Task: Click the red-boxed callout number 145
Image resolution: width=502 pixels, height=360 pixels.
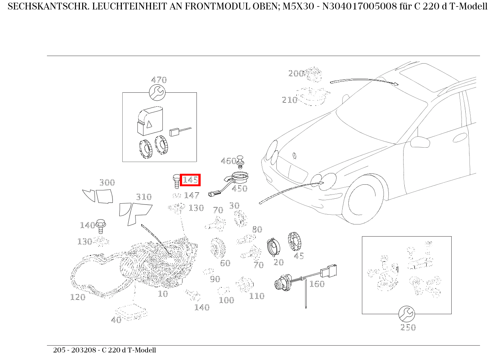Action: pyautogui.click(x=190, y=180)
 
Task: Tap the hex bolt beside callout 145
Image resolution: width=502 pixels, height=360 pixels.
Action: pyautogui.click(x=176, y=181)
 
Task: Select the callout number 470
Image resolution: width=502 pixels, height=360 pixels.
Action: pyautogui.click(x=159, y=80)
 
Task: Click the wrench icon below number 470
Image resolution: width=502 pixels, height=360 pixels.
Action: pyautogui.click(x=157, y=92)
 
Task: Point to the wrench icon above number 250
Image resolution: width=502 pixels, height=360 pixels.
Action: pyautogui.click(x=407, y=314)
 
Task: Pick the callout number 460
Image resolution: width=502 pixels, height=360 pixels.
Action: pyautogui.click(x=228, y=161)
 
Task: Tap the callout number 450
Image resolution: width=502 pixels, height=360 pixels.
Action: pyautogui.click(x=240, y=189)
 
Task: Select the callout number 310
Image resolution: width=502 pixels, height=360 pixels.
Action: pyautogui.click(x=144, y=197)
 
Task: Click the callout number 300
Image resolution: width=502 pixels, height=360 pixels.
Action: pyautogui.click(x=107, y=182)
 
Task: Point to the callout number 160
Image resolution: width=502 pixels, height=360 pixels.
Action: pyautogui.click(x=317, y=284)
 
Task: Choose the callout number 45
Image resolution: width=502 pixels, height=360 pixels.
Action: pyautogui.click(x=299, y=256)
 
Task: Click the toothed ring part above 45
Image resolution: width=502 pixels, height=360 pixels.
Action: pyautogui.click(x=295, y=242)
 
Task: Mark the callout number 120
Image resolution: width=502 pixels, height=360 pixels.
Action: pyautogui.click(x=78, y=297)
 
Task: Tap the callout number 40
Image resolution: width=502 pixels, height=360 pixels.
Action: pyautogui.click(x=116, y=320)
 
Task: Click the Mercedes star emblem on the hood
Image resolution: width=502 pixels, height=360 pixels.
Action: pyautogui.click(x=295, y=156)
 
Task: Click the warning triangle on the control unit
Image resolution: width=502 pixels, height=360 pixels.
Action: pyautogui.click(x=149, y=124)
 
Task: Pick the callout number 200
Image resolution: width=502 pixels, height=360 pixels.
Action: pyautogui.click(x=296, y=73)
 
